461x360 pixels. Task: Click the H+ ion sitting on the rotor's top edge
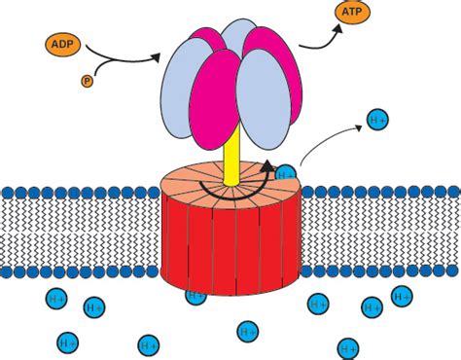pyautogui.click(x=286, y=174)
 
